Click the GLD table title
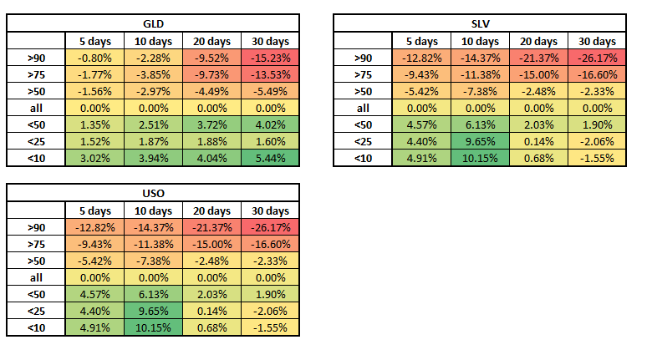point(153,23)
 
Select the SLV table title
point(480,23)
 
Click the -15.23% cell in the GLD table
point(270,58)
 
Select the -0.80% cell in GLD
point(94,58)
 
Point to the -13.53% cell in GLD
point(270,74)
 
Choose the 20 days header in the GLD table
point(211,41)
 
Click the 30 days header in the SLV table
point(597,41)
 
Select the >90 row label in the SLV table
point(363,58)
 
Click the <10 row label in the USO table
point(36,327)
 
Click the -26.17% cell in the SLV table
point(597,58)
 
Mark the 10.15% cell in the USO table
point(153,327)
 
